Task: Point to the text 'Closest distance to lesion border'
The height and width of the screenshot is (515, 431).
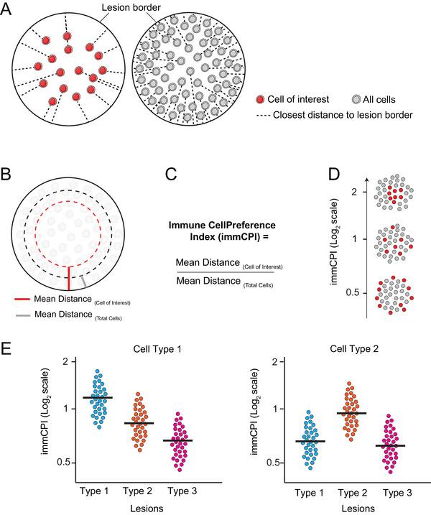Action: (336, 115)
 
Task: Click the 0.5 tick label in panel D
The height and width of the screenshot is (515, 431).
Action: (351, 293)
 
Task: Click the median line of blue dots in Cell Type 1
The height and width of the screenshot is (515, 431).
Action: (98, 397)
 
